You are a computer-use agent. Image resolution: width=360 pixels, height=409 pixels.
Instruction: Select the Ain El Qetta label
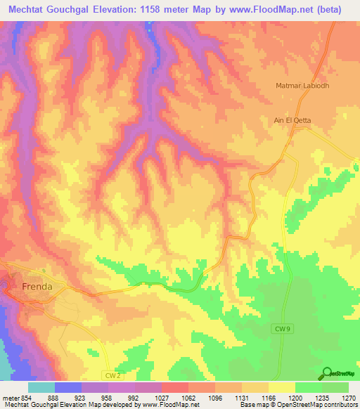coord(292,120)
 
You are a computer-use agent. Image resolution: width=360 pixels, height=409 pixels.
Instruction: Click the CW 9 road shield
coord(280,329)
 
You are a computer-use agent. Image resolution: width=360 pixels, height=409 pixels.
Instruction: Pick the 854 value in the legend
coord(22,397)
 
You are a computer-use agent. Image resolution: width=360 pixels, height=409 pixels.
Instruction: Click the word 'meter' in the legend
coord(8,397)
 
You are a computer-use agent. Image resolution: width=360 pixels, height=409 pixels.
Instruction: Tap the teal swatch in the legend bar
coord(41,387)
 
